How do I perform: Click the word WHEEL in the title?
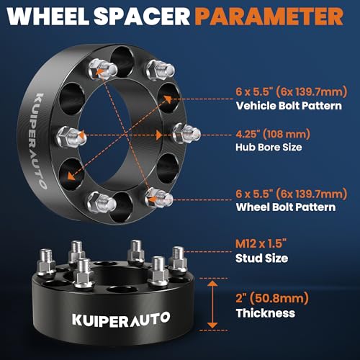(x=48, y=16)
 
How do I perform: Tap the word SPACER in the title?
(x=142, y=16)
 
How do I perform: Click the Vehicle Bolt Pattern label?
(x=289, y=106)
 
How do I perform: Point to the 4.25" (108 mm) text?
(x=273, y=134)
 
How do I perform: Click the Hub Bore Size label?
(x=269, y=147)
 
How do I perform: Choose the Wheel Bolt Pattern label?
(x=286, y=207)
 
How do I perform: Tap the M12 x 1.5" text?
(x=261, y=243)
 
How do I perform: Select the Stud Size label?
(x=261, y=258)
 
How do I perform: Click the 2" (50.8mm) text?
(x=272, y=298)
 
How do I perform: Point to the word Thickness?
(x=266, y=313)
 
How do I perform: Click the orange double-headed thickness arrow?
(x=212, y=305)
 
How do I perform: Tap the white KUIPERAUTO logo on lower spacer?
(x=121, y=320)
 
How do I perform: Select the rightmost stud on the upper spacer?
(x=186, y=133)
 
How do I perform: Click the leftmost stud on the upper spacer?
(x=71, y=137)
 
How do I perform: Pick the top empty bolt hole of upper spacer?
(x=122, y=62)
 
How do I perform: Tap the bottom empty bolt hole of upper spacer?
(x=122, y=207)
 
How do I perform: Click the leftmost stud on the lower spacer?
(x=46, y=262)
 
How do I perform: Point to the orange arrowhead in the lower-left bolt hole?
(x=71, y=176)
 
